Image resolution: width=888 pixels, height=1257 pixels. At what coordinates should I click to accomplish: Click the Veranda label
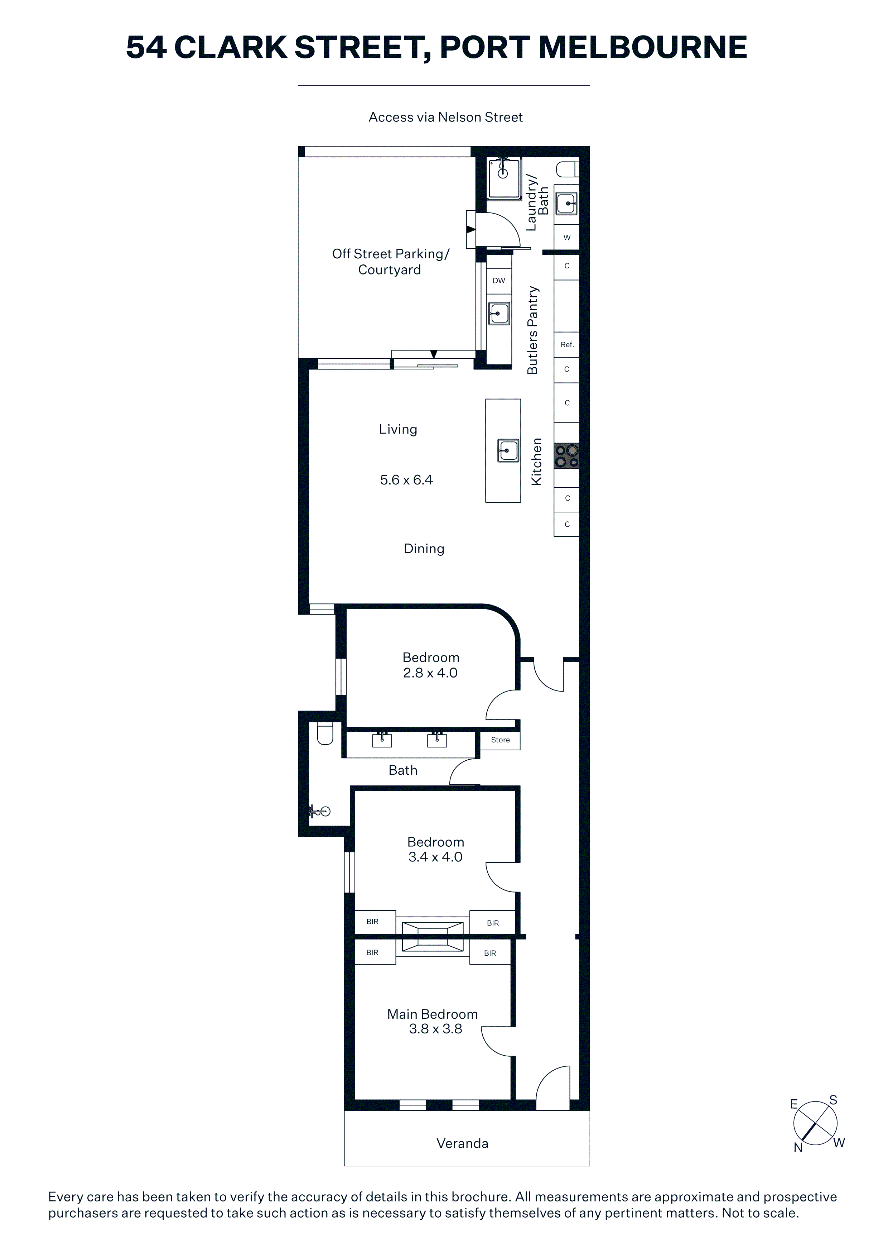(x=462, y=1143)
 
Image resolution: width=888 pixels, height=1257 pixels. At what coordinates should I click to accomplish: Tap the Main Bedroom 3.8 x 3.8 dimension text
(x=435, y=1029)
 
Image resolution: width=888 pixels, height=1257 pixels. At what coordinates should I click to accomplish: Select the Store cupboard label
(x=500, y=740)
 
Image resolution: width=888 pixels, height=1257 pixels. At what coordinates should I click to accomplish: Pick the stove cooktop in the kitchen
(x=567, y=455)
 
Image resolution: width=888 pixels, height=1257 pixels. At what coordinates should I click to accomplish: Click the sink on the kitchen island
(x=508, y=450)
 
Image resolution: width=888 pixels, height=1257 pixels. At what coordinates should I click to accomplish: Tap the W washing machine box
(x=567, y=238)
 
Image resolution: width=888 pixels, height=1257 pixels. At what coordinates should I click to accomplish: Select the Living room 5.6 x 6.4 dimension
(x=406, y=479)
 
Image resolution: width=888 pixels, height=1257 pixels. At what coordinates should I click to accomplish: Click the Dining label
(x=424, y=549)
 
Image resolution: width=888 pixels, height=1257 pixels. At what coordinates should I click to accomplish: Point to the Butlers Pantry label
(x=532, y=330)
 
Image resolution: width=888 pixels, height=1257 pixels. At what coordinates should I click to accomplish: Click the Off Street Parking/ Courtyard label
(x=390, y=262)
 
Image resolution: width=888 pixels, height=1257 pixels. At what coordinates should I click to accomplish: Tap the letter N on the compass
(x=798, y=1147)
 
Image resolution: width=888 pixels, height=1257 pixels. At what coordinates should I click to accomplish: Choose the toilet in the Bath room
(x=325, y=734)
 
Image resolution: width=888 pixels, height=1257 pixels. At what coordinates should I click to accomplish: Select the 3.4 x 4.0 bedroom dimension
(x=435, y=857)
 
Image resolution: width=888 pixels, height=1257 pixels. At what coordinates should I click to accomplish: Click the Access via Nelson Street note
(x=445, y=117)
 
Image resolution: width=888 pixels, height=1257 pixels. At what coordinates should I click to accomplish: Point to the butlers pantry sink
(x=499, y=314)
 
